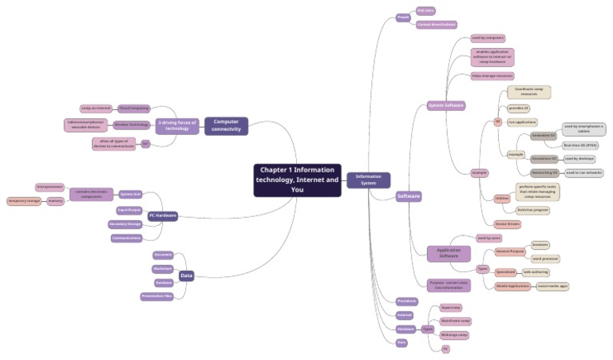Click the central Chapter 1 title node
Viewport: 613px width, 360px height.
click(297, 180)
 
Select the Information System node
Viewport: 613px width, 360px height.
click(368, 180)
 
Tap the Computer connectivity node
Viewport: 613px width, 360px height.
click(226, 125)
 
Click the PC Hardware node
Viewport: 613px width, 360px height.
click(163, 216)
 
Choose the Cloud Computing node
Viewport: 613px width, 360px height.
click(133, 107)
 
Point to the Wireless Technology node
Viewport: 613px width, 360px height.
click(132, 125)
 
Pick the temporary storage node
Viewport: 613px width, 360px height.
click(23, 201)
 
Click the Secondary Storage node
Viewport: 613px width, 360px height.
click(125, 224)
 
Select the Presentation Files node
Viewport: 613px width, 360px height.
click(157, 296)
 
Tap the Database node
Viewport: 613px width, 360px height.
click(164, 283)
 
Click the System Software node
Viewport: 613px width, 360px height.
click(445, 105)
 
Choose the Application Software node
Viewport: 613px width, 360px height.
click(448, 253)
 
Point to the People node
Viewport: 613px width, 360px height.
click(403, 18)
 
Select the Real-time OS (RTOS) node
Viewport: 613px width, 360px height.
click(580, 145)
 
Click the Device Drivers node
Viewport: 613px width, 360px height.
click(508, 224)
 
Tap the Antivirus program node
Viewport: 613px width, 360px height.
click(532, 209)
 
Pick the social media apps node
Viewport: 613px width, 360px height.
click(552, 285)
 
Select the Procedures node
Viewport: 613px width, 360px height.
click(407, 301)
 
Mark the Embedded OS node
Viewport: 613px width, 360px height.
click(545, 136)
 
